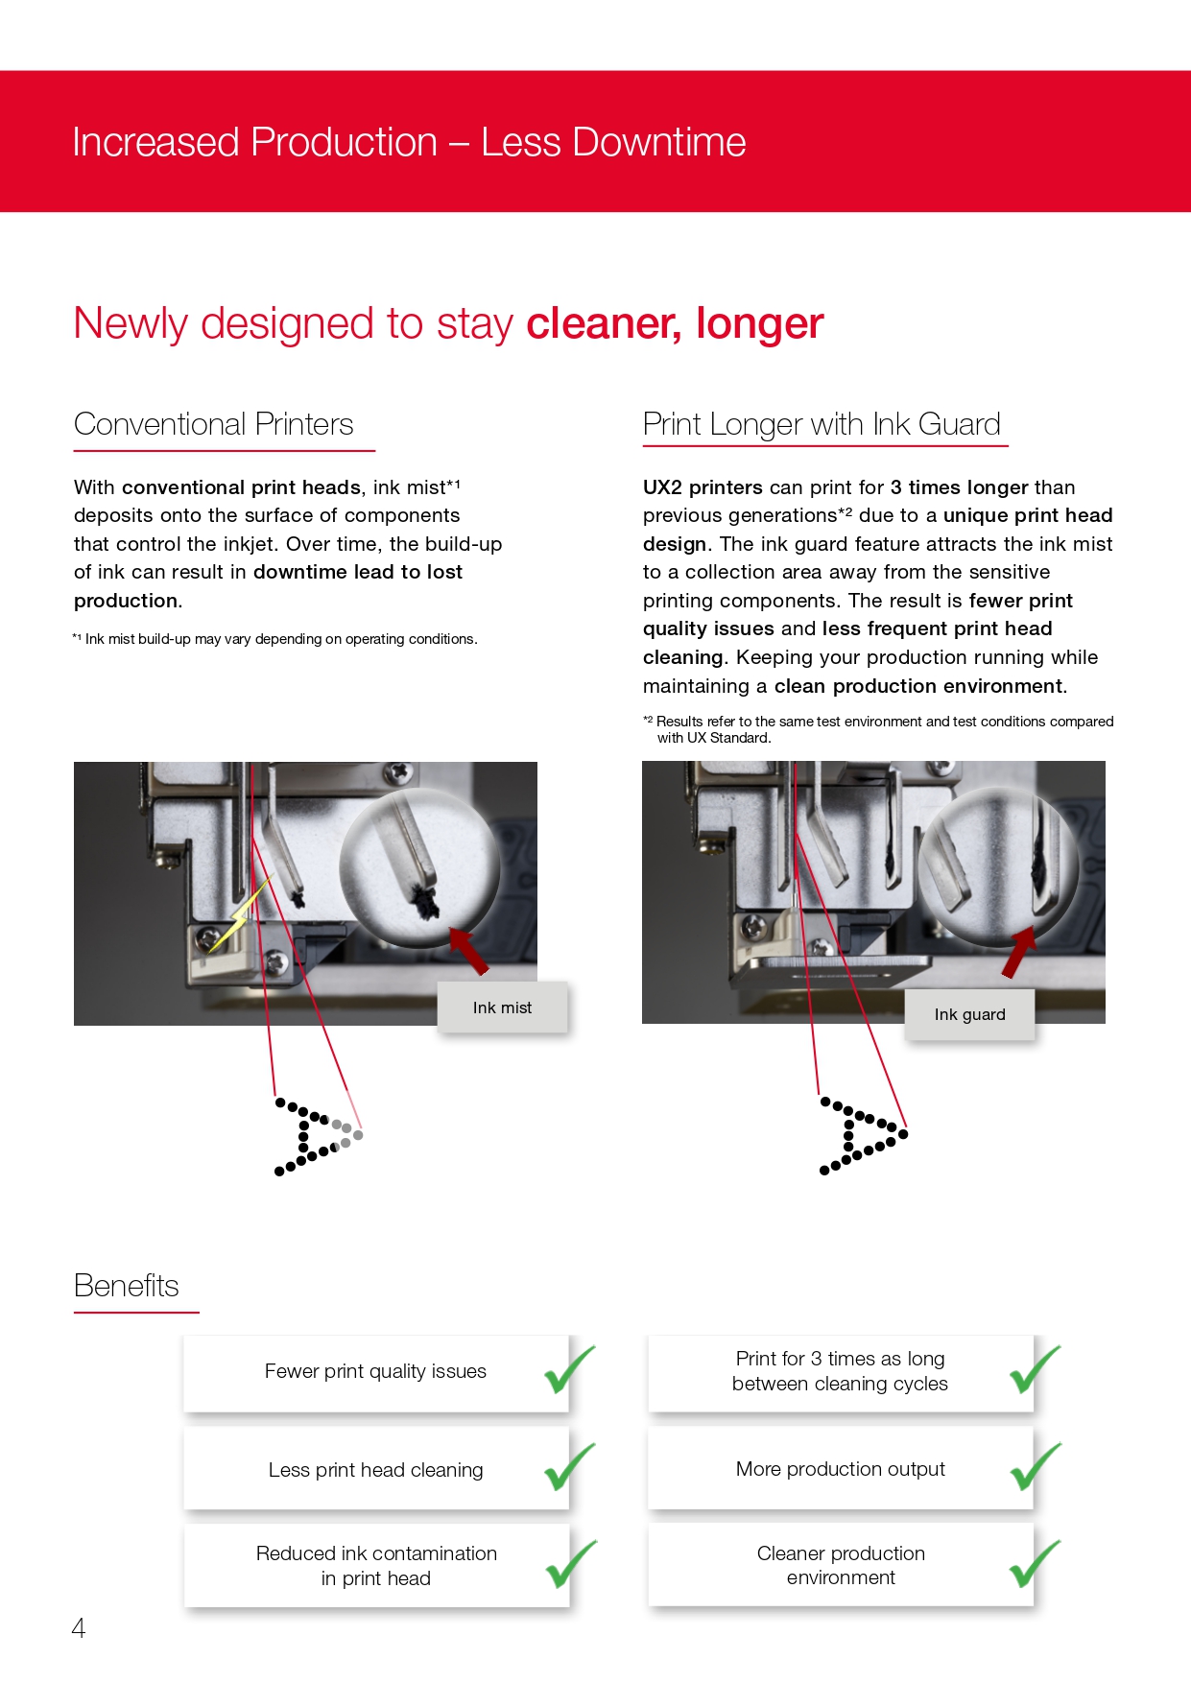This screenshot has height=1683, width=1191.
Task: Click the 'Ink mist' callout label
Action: (x=502, y=1007)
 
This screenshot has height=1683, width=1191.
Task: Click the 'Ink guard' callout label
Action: (x=969, y=1014)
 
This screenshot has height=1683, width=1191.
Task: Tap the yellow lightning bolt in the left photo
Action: (x=240, y=915)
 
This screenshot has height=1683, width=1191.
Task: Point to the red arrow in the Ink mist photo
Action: (x=469, y=951)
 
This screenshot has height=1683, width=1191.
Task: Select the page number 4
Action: (x=79, y=1627)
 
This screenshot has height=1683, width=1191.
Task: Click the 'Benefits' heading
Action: (x=127, y=1286)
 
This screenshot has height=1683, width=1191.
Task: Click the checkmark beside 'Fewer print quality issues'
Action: (x=570, y=1369)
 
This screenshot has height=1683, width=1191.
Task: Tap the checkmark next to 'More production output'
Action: (x=1036, y=1467)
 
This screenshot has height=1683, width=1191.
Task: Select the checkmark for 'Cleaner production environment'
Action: (x=1036, y=1563)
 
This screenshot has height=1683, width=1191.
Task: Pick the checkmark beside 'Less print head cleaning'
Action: (x=570, y=1467)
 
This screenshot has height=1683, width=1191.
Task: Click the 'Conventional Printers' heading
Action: (x=214, y=424)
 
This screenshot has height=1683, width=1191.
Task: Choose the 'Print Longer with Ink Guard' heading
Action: (x=822, y=424)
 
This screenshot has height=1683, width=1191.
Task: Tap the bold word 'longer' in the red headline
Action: (x=760, y=323)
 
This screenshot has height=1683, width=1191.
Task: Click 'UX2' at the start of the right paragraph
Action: (x=662, y=487)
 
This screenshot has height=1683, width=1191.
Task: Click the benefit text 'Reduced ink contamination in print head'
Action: (x=376, y=1566)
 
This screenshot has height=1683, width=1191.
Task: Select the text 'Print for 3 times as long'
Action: (x=840, y=1359)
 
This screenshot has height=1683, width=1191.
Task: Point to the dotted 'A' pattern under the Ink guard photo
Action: (x=863, y=1135)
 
